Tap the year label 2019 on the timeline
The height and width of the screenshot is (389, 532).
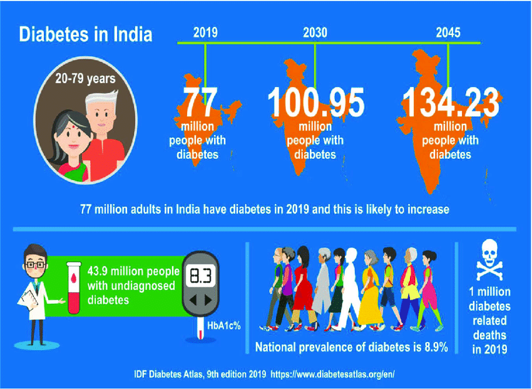[205, 32]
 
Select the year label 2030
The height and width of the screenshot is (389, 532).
[314, 32]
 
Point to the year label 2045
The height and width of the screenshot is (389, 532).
[448, 32]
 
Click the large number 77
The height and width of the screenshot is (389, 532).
[199, 102]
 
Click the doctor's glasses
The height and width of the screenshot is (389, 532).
[36, 265]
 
